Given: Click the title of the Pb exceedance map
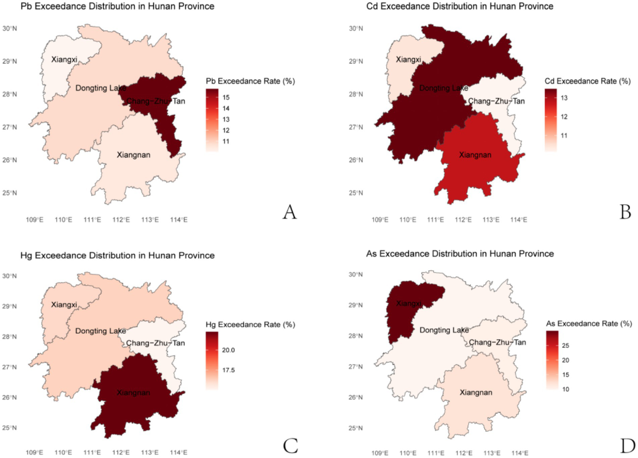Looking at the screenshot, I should [x=117, y=6].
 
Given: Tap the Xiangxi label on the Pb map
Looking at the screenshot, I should [x=64, y=59].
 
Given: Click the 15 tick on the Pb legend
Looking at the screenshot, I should [x=226, y=97].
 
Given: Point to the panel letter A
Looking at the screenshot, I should [x=290, y=212].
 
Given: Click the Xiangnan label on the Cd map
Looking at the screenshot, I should [x=475, y=155].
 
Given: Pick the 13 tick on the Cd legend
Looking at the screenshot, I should [x=564, y=98].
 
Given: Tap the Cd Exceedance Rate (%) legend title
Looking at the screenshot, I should [x=587, y=81].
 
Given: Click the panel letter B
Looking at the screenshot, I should [x=626, y=212].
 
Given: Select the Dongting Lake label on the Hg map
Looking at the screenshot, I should [x=101, y=331].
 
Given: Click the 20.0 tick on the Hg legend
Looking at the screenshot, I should [x=228, y=350].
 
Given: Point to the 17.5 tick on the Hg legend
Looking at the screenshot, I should [x=228, y=370].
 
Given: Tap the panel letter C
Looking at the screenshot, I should [x=290, y=446].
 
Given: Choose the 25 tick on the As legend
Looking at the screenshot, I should [x=565, y=345].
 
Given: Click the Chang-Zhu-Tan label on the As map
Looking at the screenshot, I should [x=497, y=342].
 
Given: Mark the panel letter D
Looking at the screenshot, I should [x=627, y=446].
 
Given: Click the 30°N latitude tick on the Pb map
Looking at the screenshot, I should [x=10, y=28].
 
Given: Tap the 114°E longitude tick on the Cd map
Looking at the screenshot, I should [x=519, y=220].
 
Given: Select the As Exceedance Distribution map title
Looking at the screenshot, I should [x=460, y=254].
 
